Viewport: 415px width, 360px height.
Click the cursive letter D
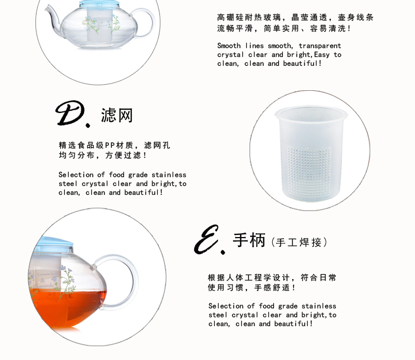pos(70,113)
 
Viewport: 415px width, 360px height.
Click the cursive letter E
pos(206,240)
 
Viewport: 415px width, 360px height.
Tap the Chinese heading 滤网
pos(117,115)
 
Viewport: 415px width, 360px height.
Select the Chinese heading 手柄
pos(249,240)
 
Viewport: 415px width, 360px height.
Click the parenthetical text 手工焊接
pos(299,243)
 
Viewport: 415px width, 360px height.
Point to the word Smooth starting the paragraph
pos(229,46)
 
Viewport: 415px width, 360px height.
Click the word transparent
pos(320,46)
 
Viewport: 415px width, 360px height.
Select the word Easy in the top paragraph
pos(322,55)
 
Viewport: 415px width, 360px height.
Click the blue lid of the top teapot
pos(99,4)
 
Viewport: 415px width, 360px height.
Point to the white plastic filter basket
pos(311,153)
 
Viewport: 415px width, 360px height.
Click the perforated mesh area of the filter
pos(309,171)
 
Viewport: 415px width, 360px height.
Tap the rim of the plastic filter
pos(311,112)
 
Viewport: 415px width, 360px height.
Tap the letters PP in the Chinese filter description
pos(110,146)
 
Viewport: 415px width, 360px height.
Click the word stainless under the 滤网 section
pos(169,175)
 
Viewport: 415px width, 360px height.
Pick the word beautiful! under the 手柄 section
pos(293,323)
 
